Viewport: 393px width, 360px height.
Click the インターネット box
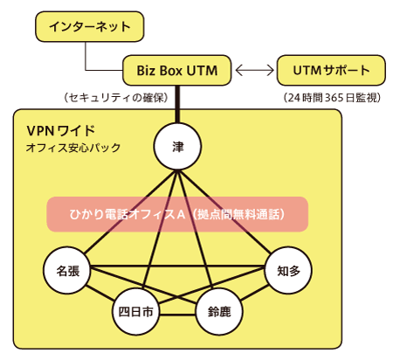[90, 26]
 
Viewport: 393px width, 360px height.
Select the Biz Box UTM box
[177, 70]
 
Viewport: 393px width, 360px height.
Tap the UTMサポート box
[331, 70]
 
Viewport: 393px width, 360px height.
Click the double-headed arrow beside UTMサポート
[254, 70]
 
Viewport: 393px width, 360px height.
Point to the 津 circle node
[177, 146]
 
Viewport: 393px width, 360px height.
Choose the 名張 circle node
[67, 270]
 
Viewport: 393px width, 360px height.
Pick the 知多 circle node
[288, 270]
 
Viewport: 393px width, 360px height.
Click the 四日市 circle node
[135, 312]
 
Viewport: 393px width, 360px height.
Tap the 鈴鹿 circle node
[219, 312]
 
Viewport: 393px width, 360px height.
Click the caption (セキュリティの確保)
[116, 98]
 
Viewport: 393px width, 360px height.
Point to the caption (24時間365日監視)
[332, 98]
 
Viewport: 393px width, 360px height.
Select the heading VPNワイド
[61, 131]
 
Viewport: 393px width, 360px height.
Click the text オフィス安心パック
[73, 148]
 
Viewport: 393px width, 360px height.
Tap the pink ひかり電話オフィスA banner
[177, 214]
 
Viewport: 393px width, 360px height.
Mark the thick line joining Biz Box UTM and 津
[177, 104]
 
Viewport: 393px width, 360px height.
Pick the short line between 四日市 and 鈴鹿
[177, 315]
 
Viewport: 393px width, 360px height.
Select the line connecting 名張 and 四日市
[100, 294]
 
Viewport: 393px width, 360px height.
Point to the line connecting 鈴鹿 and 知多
[255, 293]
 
